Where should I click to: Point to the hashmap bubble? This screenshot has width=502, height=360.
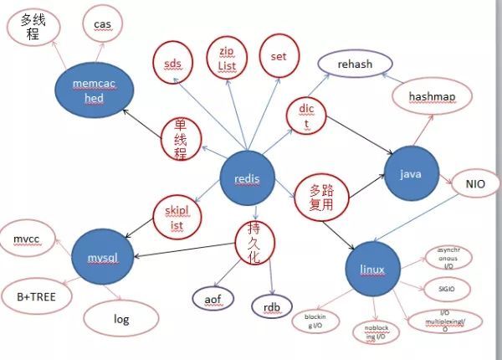[x=432, y=97]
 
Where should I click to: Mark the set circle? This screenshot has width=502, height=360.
[x=279, y=56]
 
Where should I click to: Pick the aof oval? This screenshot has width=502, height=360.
[x=213, y=296]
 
